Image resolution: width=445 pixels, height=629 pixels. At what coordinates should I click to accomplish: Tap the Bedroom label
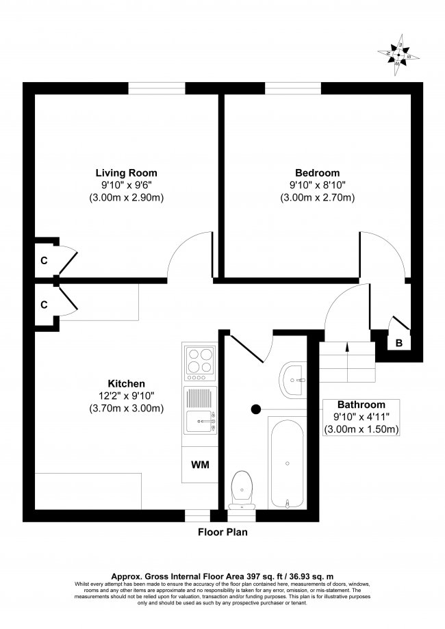tap(317, 172)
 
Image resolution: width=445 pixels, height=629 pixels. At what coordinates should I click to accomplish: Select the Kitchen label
tap(125, 383)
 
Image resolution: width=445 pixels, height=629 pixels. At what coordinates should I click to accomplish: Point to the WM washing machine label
tap(200, 465)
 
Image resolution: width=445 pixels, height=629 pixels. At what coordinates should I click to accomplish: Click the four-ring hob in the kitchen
tap(199, 361)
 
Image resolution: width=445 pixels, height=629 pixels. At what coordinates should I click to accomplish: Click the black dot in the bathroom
tap(256, 409)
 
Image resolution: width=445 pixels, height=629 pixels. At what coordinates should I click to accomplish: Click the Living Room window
tap(157, 88)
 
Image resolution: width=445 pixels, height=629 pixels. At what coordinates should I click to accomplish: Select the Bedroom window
tap(293, 88)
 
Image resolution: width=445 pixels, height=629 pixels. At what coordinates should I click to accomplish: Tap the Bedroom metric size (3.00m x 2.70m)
tap(317, 198)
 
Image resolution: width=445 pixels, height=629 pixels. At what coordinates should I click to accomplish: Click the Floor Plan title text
tap(222, 532)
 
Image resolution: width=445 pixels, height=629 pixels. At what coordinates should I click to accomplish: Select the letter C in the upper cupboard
tap(44, 260)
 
